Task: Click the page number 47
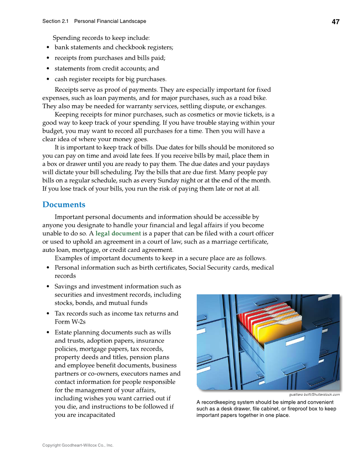(x=335, y=22)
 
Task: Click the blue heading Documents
(x=64, y=205)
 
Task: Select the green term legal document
(x=118, y=233)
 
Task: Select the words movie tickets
(x=244, y=115)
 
